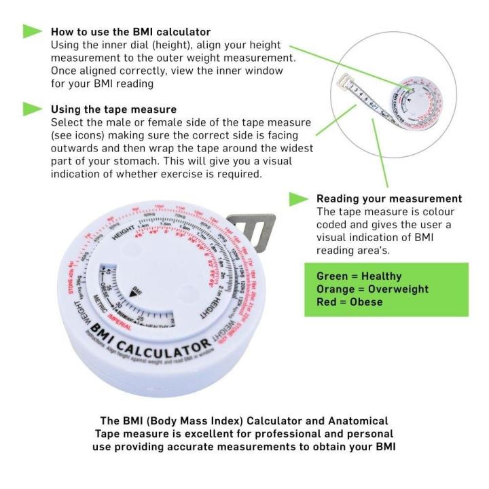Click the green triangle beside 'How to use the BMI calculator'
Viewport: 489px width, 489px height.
(32, 31)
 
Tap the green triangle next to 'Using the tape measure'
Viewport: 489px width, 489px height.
(32, 108)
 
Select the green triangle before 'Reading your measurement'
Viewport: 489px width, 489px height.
(299, 199)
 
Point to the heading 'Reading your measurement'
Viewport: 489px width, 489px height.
(389, 199)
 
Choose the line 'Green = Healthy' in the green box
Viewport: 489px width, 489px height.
(359, 276)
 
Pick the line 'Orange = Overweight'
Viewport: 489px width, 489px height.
(372, 289)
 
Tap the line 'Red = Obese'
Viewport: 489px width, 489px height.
(349, 302)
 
